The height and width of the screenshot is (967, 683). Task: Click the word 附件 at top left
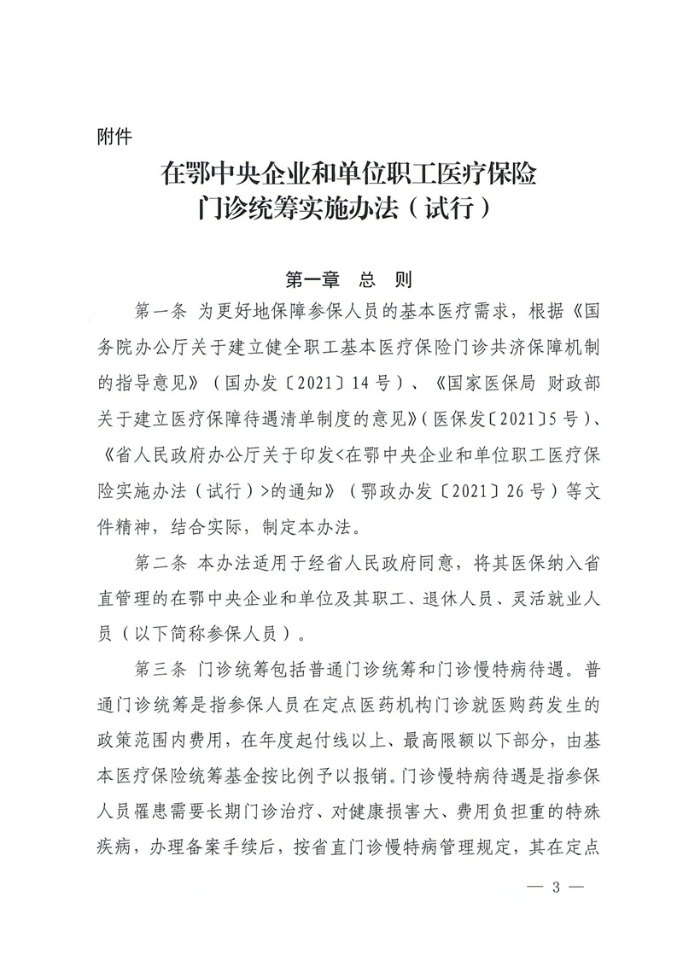pyautogui.click(x=115, y=134)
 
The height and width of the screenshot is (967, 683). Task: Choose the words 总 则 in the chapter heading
pyautogui.click(x=386, y=279)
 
